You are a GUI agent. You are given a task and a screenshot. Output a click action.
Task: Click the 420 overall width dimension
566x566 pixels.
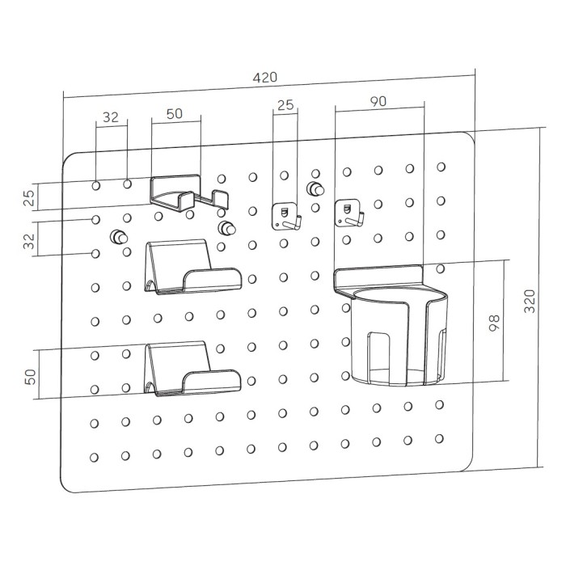(x=265, y=78)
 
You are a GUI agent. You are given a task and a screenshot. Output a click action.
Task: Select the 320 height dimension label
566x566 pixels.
(x=530, y=301)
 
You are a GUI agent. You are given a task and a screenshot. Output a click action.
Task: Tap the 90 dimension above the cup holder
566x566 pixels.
(x=378, y=101)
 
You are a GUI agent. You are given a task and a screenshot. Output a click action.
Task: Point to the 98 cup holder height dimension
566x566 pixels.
(x=494, y=323)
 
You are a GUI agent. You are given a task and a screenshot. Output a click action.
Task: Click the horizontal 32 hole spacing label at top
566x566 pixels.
(x=111, y=117)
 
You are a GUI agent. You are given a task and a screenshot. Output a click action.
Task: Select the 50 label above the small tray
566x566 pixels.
(x=175, y=114)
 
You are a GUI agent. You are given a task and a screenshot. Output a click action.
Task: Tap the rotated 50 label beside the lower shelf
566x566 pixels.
(x=31, y=377)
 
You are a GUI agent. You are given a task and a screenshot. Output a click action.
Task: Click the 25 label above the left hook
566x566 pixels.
(x=285, y=105)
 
